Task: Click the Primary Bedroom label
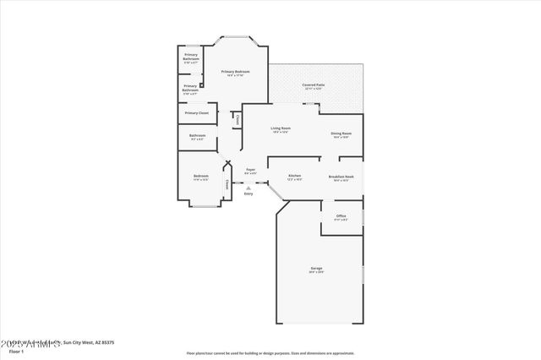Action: click(235, 72)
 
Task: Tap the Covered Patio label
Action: click(314, 85)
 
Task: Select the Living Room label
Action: click(280, 128)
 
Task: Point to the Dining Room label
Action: click(342, 134)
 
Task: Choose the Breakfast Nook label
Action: click(341, 177)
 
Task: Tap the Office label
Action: click(341, 216)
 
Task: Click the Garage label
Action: click(316, 270)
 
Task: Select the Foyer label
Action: click(250, 170)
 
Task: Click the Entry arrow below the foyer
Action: click(249, 188)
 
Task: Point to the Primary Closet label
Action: click(197, 112)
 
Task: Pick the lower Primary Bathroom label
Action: click(190, 87)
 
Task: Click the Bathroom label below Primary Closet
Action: click(197, 136)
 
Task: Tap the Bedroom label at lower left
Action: click(200, 177)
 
